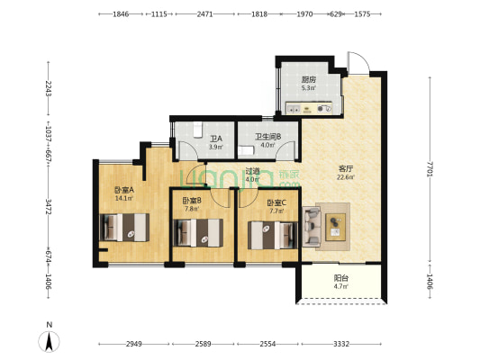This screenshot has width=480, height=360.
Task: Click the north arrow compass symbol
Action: pyautogui.click(x=49, y=341)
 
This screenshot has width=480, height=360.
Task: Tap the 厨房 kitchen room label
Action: pyautogui.click(x=309, y=80)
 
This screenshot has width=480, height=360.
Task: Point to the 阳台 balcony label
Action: pyautogui.click(x=341, y=278)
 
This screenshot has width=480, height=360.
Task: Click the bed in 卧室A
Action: pyautogui.click(x=124, y=228)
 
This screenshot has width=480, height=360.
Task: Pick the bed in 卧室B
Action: pyautogui.click(x=198, y=233)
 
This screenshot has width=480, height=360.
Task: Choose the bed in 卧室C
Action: pyautogui.click(x=273, y=235)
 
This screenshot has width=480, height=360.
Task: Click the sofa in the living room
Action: pyautogui.click(x=312, y=226)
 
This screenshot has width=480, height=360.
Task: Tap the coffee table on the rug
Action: pyautogui.click(x=336, y=227)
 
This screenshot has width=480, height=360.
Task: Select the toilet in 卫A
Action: pyautogui.click(x=198, y=130)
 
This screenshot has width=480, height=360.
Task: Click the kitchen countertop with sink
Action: pyautogui.click(x=309, y=108)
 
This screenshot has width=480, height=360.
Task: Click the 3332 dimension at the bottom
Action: pyautogui.click(x=341, y=344)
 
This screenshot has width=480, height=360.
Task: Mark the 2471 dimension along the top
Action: pyautogui.click(x=204, y=14)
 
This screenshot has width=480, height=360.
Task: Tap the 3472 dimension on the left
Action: pyautogui.click(x=48, y=206)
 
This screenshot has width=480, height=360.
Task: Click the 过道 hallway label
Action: pyautogui.click(x=252, y=171)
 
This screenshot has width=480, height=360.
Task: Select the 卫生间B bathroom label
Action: pyautogui.click(x=268, y=137)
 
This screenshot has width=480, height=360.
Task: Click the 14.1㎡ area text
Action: pyautogui.click(x=124, y=198)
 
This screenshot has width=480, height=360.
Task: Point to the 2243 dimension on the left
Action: pyautogui.click(x=48, y=88)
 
